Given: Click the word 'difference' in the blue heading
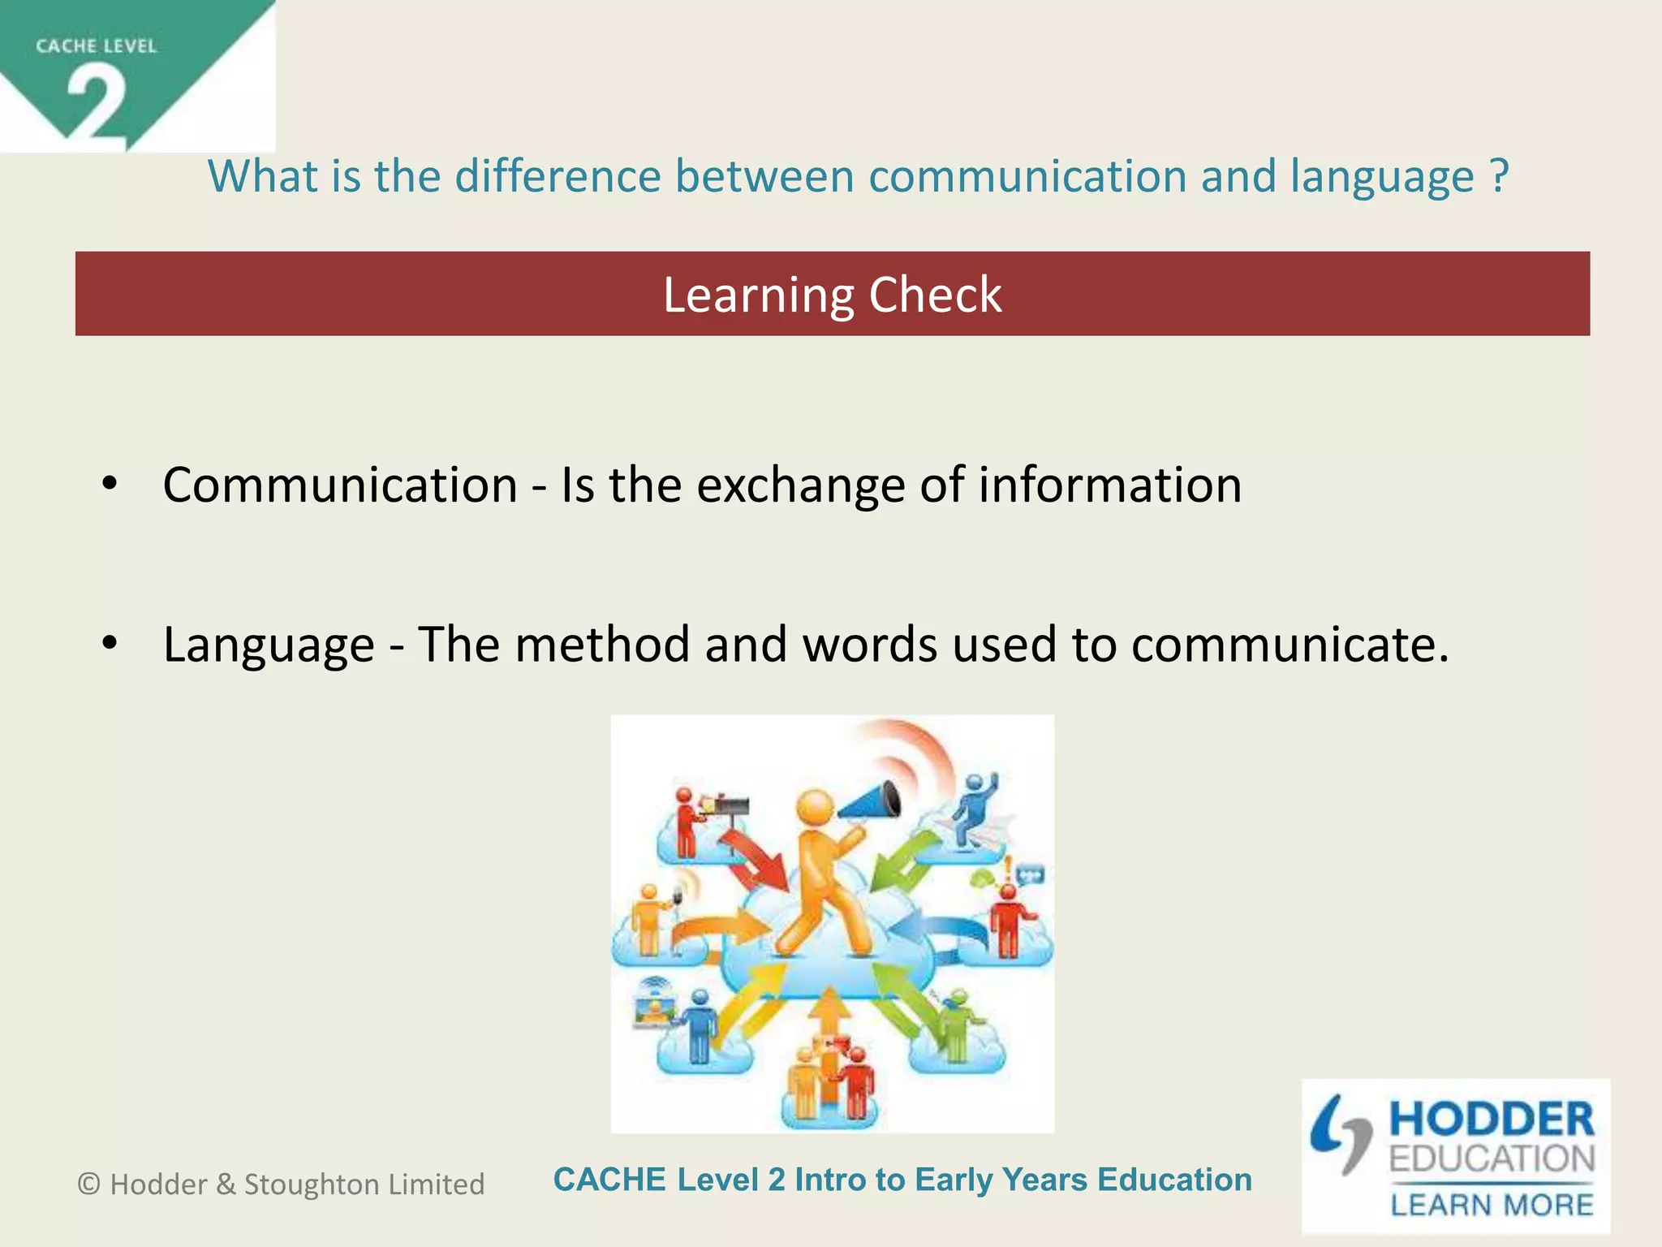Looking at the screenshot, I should pyautogui.click(x=558, y=176).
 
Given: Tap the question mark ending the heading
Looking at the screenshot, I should pyautogui.click(x=1499, y=176).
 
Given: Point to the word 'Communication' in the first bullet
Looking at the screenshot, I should pyautogui.click(x=340, y=485).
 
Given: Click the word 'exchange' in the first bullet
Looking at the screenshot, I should pyautogui.click(x=801, y=485).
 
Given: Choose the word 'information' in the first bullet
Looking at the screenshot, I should pyautogui.click(x=1109, y=485).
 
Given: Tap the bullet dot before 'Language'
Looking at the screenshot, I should pyautogui.click(x=110, y=643).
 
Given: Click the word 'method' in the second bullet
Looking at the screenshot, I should pyautogui.click(x=602, y=645).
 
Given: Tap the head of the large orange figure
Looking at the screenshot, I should pyautogui.click(x=815, y=809).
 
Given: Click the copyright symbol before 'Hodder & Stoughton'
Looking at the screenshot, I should pyautogui.click(x=88, y=1184).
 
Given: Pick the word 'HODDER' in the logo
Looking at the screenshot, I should pyautogui.click(x=1492, y=1120).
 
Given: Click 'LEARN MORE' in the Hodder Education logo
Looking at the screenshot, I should pyautogui.click(x=1492, y=1205).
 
